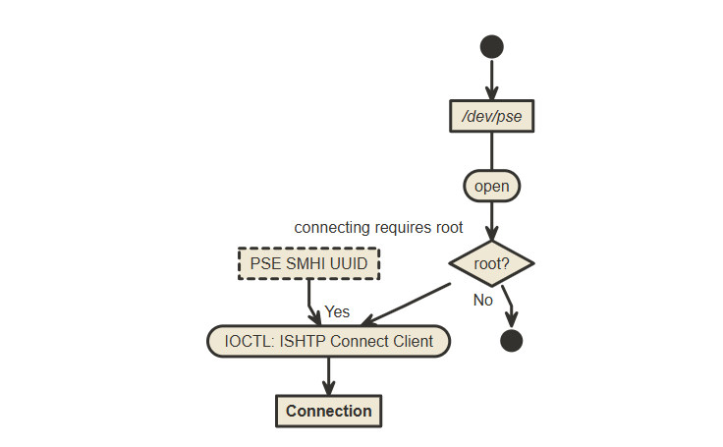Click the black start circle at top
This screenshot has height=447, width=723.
(x=491, y=46)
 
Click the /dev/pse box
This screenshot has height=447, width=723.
(x=491, y=116)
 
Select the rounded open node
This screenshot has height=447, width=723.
(x=491, y=185)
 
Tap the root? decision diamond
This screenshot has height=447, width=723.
(x=491, y=263)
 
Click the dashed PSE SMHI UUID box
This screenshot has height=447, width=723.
(x=308, y=263)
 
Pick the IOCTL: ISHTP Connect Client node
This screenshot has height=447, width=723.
(x=328, y=341)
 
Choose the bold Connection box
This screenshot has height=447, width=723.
(x=328, y=411)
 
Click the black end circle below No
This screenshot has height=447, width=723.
(x=511, y=341)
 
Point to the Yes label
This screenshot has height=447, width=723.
(x=337, y=311)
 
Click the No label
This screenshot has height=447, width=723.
(x=482, y=300)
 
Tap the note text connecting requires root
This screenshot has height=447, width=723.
(x=378, y=228)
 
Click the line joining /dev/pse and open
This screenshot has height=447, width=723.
(x=491, y=151)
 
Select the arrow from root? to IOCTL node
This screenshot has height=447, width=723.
(x=408, y=305)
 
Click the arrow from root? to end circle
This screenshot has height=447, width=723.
(x=507, y=305)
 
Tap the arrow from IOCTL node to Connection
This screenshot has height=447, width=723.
(x=328, y=375)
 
